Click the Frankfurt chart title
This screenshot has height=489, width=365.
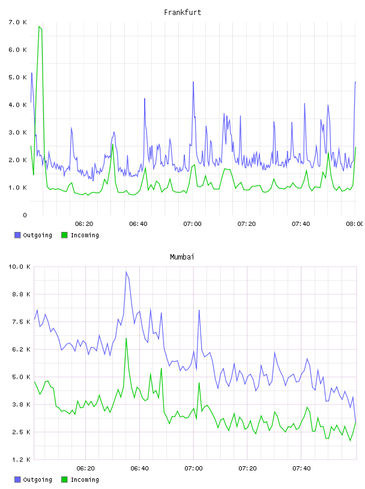[x=182, y=13]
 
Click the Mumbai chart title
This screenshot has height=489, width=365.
[x=182, y=257]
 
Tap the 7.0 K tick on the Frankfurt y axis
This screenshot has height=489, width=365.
[x=18, y=22]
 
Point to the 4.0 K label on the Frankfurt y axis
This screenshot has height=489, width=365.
[x=18, y=105]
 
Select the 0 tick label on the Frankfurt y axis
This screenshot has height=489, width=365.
[x=25, y=215]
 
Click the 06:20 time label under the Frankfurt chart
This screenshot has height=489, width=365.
[x=84, y=224]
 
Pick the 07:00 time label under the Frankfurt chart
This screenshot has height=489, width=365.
[x=193, y=224]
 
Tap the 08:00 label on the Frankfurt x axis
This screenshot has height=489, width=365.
[x=355, y=224]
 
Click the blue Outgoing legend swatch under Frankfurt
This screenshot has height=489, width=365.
[x=17, y=235]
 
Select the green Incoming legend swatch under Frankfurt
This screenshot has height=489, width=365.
[x=64, y=235]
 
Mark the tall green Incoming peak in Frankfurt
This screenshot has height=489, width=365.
[x=39, y=27]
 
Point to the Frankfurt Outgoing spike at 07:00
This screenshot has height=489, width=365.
[x=193, y=82]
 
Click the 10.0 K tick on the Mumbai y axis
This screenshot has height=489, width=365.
[x=19, y=267]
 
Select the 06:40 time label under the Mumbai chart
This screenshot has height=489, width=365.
[x=139, y=469]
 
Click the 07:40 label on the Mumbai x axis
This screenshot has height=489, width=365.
[x=301, y=469]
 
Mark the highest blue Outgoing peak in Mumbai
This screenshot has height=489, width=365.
[x=126, y=272]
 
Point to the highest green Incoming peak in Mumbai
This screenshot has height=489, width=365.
[x=126, y=339]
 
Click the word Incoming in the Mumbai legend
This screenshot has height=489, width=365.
[x=85, y=479]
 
